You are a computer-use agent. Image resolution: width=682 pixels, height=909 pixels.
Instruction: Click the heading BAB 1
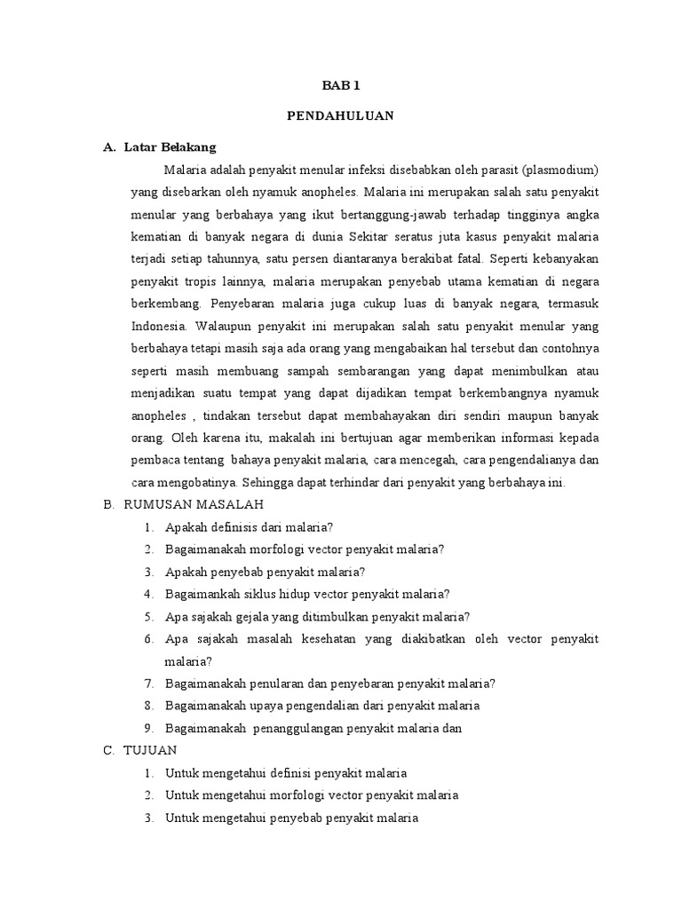tap(341, 86)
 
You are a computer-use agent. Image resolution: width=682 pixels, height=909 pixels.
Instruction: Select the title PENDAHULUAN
tap(341, 115)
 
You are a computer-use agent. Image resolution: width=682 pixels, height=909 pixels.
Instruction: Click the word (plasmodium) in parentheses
tap(561, 169)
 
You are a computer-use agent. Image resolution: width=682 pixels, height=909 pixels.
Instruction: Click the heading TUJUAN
tap(151, 750)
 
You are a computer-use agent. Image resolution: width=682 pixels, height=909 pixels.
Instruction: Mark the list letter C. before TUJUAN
tap(109, 750)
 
